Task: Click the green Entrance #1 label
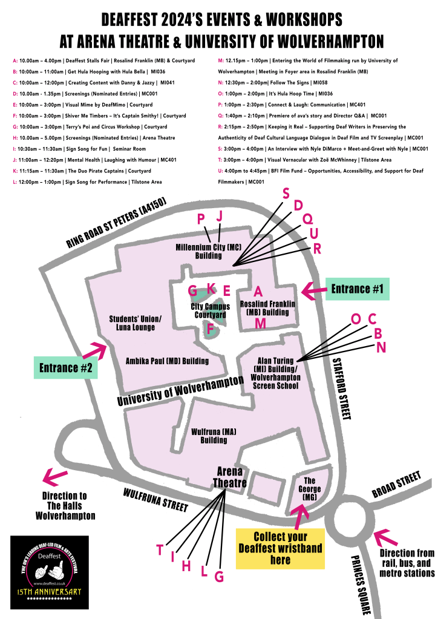coord(358,290)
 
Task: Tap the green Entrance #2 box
coord(66,367)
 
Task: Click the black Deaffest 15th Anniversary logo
coord(50,571)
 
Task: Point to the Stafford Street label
coord(341,388)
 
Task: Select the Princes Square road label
coord(360,585)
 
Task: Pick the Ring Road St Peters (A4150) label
coord(116,224)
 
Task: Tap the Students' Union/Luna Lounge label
coord(136,323)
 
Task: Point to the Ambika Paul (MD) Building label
coord(167,361)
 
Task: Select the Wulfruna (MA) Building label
coord(209,436)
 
